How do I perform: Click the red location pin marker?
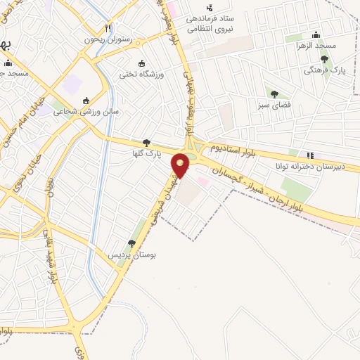click(x=181, y=165)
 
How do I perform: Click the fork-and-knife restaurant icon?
click(x=107, y=29)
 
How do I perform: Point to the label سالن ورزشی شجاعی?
click(x=87, y=111)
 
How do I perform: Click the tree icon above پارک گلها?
click(x=146, y=142)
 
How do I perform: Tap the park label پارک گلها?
click(x=147, y=153)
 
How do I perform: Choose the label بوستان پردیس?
click(x=131, y=254)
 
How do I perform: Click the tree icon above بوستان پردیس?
click(x=131, y=243)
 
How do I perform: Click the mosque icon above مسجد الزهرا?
click(x=316, y=34)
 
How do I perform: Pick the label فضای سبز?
click(x=274, y=104)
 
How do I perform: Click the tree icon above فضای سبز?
click(x=274, y=94)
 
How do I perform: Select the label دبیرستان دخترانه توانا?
click(x=309, y=167)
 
